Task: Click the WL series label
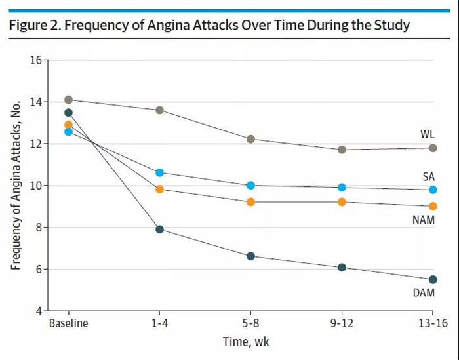(428, 134)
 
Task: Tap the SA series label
(429, 176)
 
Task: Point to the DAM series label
(424, 293)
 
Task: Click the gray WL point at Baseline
(68, 100)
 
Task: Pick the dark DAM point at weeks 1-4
(159, 230)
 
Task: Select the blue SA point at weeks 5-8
(250, 186)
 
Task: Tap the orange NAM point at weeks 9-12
(342, 202)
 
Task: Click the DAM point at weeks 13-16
(433, 279)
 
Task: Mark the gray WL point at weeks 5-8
(250, 139)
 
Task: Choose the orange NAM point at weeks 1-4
(159, 189)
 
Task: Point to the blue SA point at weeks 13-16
(433, 190)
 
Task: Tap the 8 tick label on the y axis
(39, 228)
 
